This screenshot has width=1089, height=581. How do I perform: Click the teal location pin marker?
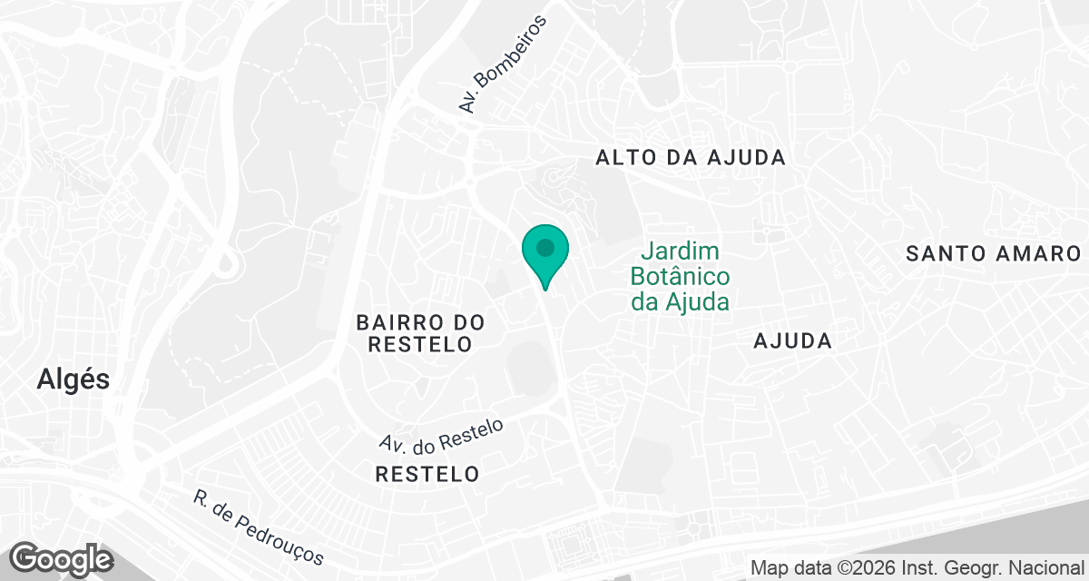pos(544,254)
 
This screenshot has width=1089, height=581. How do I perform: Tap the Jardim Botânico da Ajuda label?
pos(681,276)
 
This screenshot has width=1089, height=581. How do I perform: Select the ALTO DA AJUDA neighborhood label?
pos(690,157)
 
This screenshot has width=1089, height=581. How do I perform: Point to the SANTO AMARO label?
pos(995,253)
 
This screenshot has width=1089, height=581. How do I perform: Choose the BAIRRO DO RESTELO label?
pos(420,333)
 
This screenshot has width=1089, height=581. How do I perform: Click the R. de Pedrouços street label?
pos(258,527)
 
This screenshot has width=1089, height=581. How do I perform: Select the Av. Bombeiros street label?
pos(505,64)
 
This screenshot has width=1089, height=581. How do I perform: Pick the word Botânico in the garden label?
pos(681,276)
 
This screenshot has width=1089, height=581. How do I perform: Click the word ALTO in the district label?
pos(620,157)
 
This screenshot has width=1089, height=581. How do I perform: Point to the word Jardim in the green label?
pos(682,251)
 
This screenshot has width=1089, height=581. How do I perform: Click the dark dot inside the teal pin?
pos(544,246)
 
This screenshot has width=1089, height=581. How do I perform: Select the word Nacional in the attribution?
pos(1052,568)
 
